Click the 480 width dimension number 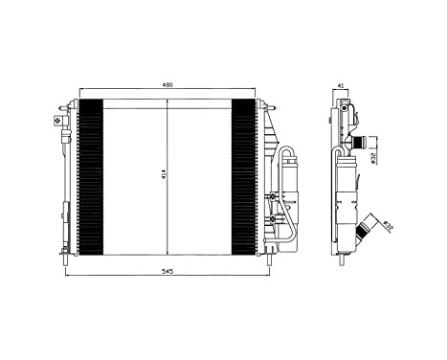point(168,86)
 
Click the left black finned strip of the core point(89,177)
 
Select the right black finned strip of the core point(245,177)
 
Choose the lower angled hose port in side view point(364,231)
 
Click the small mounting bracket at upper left point(57,121)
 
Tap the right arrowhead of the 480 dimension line point(255,92)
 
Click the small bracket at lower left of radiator point(66,212)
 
